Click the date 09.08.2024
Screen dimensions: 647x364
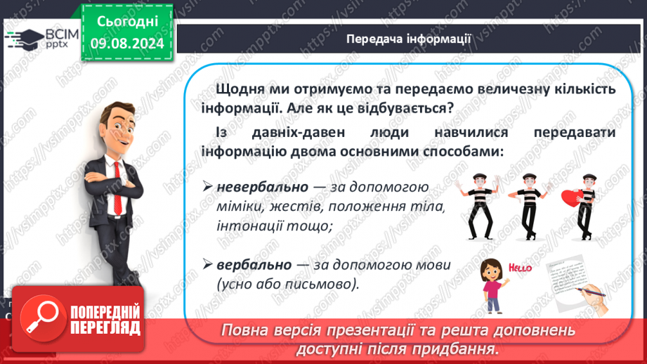(127, 44)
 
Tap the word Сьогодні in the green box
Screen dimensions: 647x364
(127, 22)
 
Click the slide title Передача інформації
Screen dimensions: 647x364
(408, 39)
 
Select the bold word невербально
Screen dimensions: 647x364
(263, 187)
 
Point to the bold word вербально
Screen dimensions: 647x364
(254, 264)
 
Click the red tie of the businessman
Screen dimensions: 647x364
(117, 188)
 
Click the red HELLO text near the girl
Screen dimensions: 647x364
(520, 268)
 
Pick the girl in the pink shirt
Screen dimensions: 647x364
(492, 285)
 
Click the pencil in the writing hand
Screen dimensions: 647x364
(591, 292)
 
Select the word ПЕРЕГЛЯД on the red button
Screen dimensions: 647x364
(105, 328)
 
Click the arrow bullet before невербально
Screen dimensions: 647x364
(207, 186)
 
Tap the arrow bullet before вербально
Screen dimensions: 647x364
(207, 264)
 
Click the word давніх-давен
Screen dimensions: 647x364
(299, 133)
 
